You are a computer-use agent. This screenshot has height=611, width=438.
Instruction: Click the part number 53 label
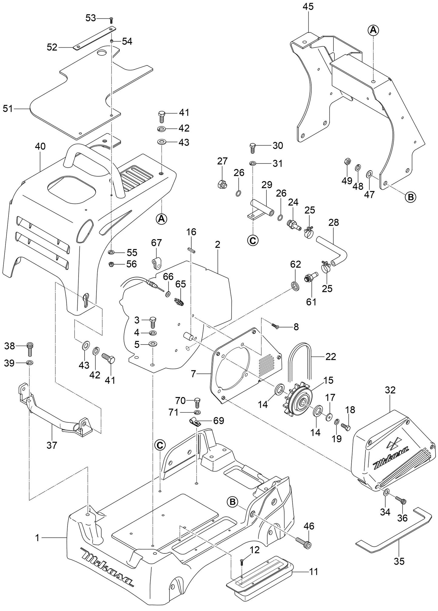[x=90, y=18]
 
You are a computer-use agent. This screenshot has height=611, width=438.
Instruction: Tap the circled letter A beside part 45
[x=373, y=30]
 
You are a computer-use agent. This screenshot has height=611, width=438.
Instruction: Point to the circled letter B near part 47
[x=411, y=197]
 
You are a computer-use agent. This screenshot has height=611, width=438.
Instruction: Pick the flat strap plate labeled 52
[x=95, y=38]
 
